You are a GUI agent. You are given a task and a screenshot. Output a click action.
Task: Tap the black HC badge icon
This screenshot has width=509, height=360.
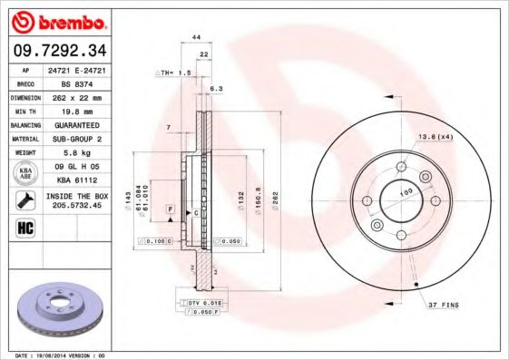(26, 227)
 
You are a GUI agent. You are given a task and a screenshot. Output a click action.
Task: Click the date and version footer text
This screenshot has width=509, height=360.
(61, 355)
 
